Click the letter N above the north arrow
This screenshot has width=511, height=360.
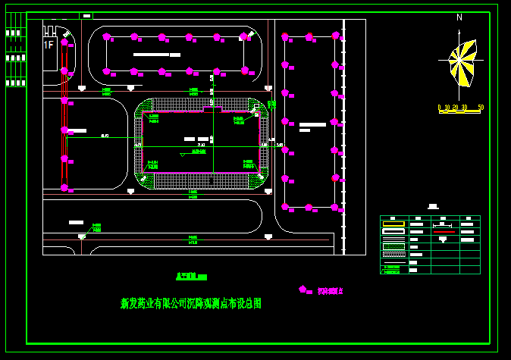[459, 17]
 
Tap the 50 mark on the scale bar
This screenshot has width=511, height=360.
[481, 108]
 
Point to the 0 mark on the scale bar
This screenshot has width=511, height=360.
[440, 108]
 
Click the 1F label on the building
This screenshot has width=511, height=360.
[49, 45]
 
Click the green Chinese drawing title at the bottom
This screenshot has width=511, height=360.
[191, 303]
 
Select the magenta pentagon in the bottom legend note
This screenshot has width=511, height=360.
[303, 289]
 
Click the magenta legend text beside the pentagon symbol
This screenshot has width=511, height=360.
[330, 290]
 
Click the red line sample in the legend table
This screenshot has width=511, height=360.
[443, 231]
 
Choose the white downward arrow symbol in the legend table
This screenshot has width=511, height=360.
[443, 239]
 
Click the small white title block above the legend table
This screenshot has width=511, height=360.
[433, 206]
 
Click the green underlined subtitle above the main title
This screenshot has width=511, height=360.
[191, 277]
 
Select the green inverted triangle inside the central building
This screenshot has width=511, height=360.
[181, 154]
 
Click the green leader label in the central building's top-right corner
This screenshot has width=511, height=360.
[240, 120]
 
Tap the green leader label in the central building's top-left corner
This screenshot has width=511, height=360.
[154, 118]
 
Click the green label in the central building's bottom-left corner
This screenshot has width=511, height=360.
[152, 164]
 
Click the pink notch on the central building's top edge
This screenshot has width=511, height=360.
[212, 110]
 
